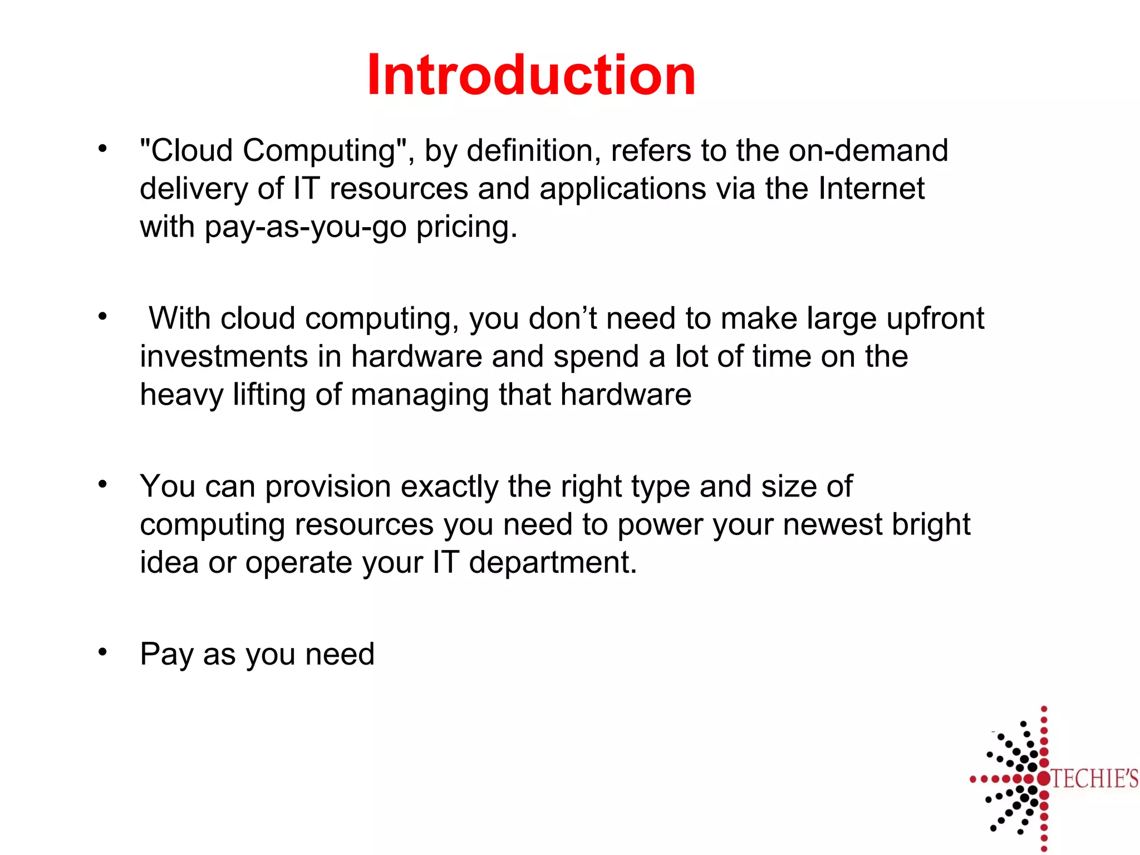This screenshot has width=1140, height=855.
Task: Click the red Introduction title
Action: pyautogui.click(x=531, y=75)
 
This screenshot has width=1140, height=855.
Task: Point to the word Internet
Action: pyautogui.click(x=871, y=189)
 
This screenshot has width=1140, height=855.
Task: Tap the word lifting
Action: pyautogui.click(x=269, y=395)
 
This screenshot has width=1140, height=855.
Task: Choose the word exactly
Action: pyautogui.click(x=449, y=487)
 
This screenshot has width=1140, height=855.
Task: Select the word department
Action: pyautogui.click(x=552, y=563)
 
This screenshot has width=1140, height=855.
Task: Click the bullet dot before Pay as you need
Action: pyautogui.click(x=102, y=651)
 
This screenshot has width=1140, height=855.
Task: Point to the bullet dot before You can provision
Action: pyautogui.click(x=102, y=484)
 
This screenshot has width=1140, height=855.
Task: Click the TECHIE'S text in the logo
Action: pyautogui.click(x=1094, y=778)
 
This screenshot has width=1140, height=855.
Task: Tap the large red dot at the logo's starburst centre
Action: pyautogui.click(x=1043, y=778)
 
